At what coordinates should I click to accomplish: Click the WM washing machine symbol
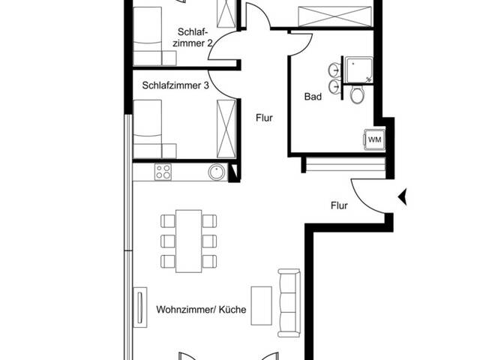click(x=373, y=139)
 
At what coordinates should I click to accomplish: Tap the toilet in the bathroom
click(x=357, y=94)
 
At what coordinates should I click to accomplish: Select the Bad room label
click(x=313, y=97)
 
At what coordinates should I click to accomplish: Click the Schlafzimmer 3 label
click(x=175, y=85)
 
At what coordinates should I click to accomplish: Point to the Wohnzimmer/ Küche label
click(x=202, y=309)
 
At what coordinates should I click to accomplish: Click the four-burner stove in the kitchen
click(x=163, y=172)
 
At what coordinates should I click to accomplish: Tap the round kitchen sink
click(x=217, y=172)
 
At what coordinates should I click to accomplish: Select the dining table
click(x=188, y=240)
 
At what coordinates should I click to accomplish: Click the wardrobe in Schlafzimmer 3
click(x=226, y=125)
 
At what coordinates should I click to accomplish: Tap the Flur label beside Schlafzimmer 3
click(x=263, y=118)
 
